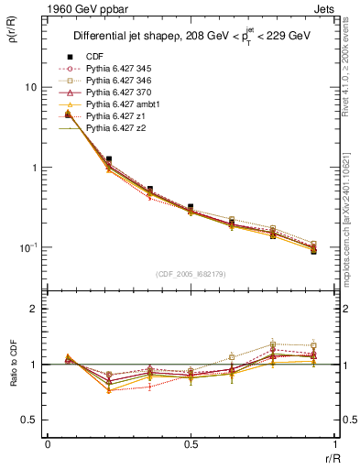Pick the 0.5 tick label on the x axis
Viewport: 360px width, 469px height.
[x=191, y=444]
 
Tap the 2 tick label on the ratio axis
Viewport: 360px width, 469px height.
[x=36, y=309]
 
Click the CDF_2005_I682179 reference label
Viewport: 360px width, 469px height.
[x=190, y=274]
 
